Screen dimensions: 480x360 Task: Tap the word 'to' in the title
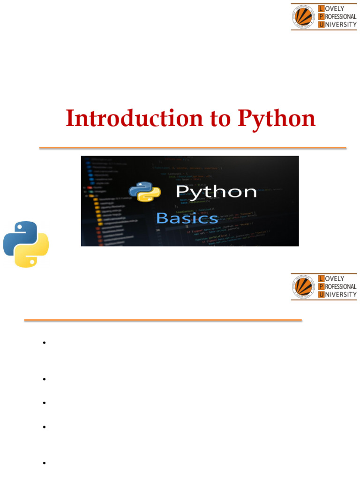click(x=218, y=119)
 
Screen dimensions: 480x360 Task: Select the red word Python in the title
click(x=277, y=119)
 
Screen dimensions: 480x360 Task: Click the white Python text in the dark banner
click(x=216, y=192)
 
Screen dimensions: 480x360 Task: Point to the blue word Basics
click(x=187, y=218)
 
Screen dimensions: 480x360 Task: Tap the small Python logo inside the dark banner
click(x=145, y=192)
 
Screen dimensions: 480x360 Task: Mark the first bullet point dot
click(x=44, y=343)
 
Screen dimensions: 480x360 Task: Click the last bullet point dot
click(x=44, y=463)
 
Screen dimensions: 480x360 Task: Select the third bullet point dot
click(x=44, y=403)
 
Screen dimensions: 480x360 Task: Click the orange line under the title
click(x=193, y=148)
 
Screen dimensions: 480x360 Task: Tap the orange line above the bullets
click(x=163, y=321)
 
